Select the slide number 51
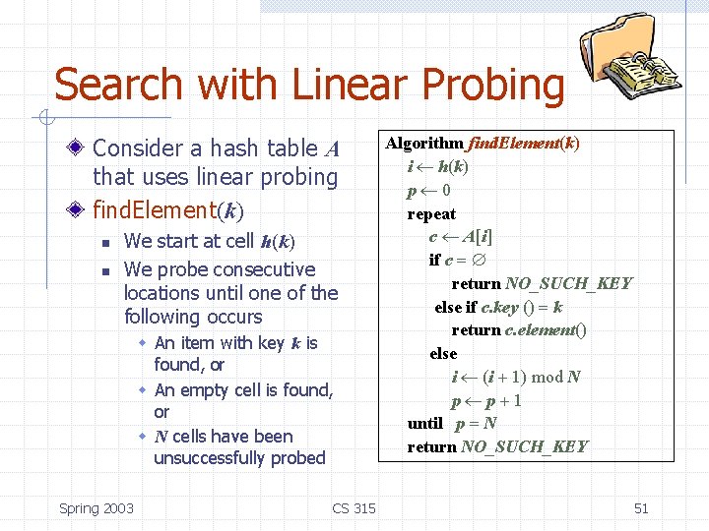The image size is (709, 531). pos(641,508)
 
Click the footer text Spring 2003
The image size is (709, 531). pos(97,508)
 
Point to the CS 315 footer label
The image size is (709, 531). pos(354,508)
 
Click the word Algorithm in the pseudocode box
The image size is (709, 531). pos(424,144)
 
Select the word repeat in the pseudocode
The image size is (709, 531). pos(431,213)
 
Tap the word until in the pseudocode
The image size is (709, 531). pos(425,424)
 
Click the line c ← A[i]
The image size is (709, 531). pos(461,237)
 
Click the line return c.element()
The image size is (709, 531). pos(519,330)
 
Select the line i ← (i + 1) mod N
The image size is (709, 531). pos(515,377)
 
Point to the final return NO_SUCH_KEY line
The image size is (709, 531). pos(497,447)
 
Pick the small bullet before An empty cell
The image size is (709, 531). pos(143,390)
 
